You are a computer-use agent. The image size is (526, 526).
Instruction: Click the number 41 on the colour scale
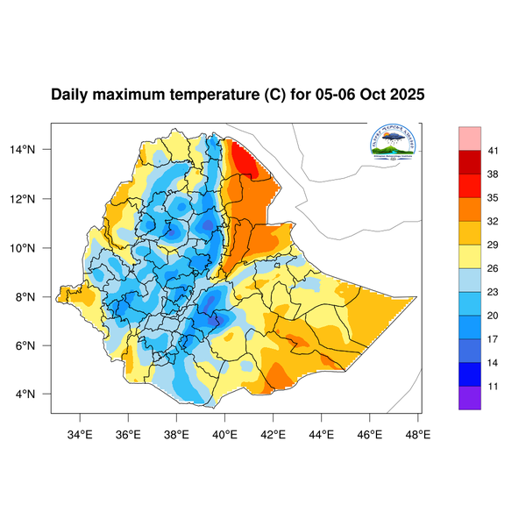point(494,152)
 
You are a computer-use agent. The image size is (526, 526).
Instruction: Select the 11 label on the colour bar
point(494,385)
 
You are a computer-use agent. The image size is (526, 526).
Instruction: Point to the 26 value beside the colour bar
point(494,268)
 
